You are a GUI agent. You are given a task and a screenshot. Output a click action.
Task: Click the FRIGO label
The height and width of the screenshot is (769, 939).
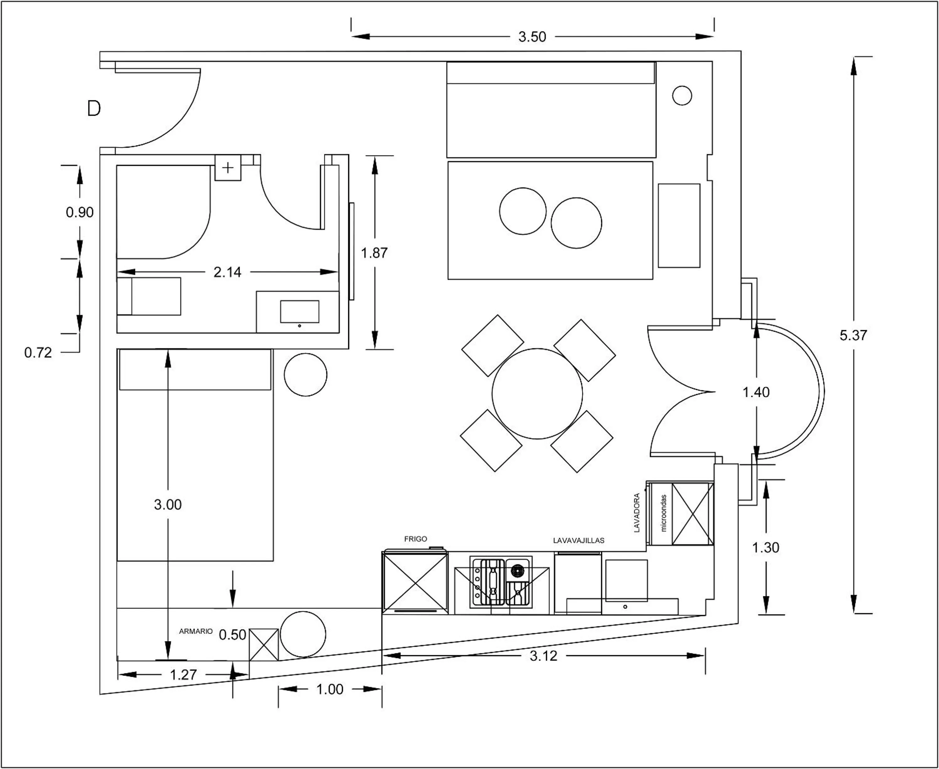point(416,539)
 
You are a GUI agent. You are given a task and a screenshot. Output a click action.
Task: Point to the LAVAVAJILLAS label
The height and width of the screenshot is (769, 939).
point(579,540)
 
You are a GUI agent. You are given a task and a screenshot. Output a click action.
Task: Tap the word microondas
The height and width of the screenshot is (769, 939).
point(664,513)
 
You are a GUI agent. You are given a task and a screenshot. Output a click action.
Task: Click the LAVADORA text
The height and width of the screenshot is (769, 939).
point(637,513)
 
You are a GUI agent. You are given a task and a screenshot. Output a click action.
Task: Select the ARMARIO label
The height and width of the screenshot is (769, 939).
point(196,631)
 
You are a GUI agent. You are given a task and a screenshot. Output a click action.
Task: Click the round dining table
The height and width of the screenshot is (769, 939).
point(537,394)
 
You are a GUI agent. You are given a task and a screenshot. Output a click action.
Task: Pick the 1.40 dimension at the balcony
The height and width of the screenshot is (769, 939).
point(756,392)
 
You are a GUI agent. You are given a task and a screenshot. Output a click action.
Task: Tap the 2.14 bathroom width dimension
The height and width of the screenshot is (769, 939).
point(227,272)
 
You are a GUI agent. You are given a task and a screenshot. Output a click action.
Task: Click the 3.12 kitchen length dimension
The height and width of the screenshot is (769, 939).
point(543,656)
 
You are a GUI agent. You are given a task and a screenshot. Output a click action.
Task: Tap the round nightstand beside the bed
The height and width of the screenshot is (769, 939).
point(305,375)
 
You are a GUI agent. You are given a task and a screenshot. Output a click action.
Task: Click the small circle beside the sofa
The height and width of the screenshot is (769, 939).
point(682,95)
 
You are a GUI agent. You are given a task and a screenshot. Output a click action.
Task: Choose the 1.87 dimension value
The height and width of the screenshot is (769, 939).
point(374,253)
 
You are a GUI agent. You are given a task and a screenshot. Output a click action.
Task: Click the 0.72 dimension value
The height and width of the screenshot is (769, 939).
point(38,353)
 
